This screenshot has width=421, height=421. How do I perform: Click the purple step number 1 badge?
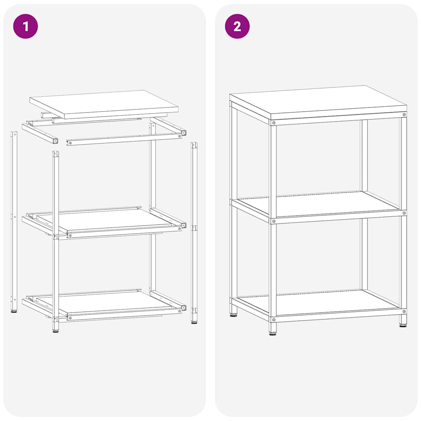(25, 26)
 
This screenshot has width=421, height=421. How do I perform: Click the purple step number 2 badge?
(237, 26)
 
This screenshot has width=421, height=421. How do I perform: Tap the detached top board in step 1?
(104, 103)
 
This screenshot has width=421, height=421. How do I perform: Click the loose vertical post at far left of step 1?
(14, 222)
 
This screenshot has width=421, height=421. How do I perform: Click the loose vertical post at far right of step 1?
(194, 232)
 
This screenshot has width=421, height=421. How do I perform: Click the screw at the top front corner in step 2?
(273, 123)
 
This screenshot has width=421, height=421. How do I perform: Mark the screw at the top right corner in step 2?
(404, 114)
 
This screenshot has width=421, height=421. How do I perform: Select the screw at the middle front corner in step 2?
(273, 221)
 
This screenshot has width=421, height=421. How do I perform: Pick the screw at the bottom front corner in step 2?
(273, 319)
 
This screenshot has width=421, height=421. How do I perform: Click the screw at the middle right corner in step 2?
(404, 213)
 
